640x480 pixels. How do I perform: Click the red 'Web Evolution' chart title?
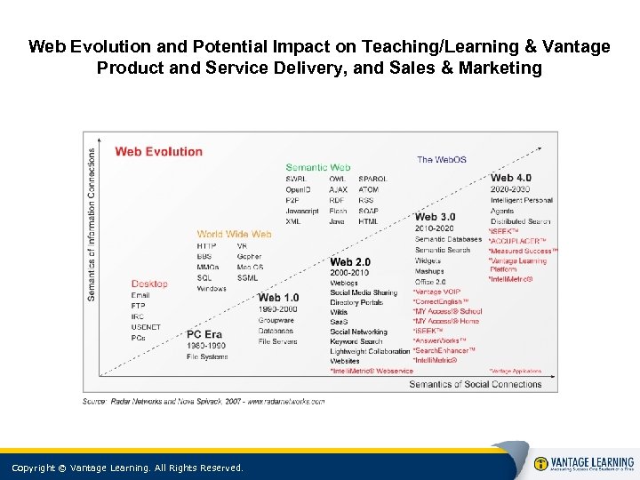[158, 151]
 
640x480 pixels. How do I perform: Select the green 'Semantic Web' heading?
[317, 167]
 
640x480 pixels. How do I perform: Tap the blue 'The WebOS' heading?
[441, 160]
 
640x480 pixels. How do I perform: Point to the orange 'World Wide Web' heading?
[234, 235]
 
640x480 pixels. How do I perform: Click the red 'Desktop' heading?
[148, 284]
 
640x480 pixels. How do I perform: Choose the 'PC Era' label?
[205, 335]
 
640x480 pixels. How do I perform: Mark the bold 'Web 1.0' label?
[278, 297]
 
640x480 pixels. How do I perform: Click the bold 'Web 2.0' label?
[349, 262]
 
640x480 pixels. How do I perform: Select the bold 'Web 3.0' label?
[435, 217]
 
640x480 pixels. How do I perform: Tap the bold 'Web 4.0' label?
[510, 178]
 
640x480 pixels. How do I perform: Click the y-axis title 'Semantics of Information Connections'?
[92, 223]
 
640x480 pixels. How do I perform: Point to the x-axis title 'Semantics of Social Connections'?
[475, 384]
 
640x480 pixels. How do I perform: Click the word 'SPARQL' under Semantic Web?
[372, 179]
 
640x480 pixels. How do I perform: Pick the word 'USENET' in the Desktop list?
[146, 327]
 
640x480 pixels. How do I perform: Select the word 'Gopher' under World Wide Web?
[249, 257]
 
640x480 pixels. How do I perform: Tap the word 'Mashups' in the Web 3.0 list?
[428, 272]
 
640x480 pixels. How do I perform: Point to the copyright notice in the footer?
[126, 468]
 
